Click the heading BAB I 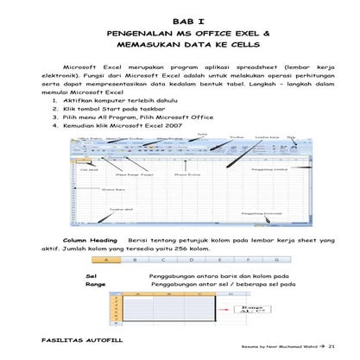(x=179, y=17)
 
